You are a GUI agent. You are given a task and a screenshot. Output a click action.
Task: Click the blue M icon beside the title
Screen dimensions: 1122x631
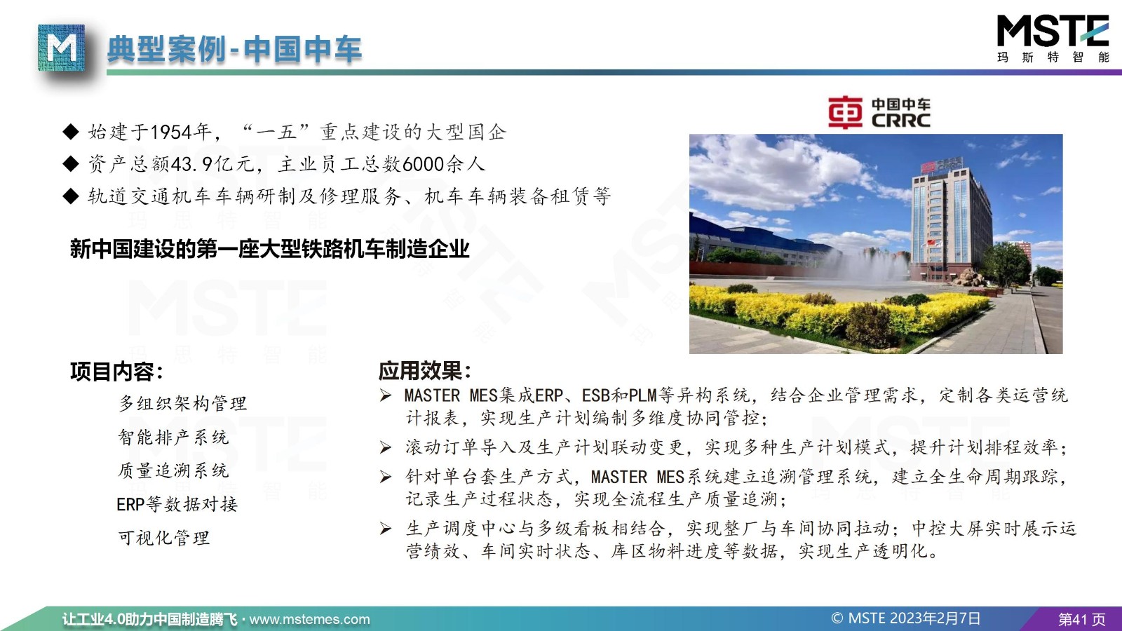(61, 48)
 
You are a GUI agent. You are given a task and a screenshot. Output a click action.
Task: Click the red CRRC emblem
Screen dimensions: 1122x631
(845, 113)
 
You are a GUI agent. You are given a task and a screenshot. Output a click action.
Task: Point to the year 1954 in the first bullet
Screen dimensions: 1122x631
(171, 133)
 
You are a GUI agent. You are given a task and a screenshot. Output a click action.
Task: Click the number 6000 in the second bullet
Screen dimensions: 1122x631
(424, 164)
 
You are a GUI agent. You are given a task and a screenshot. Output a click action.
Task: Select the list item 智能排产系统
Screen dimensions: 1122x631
(173, 437)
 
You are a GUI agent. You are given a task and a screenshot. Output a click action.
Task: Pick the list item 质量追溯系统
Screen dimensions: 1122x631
(173, 470)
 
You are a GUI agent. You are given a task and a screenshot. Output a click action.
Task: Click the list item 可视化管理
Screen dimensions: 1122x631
(164, 538)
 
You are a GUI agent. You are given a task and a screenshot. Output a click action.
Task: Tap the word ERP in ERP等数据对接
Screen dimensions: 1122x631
(130, 504)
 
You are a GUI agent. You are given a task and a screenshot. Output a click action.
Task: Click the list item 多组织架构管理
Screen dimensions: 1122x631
(182, 403)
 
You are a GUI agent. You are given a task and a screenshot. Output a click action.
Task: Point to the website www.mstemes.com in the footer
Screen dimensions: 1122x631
(309, 620)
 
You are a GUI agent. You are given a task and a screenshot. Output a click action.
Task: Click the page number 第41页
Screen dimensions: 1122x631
(1081, 620)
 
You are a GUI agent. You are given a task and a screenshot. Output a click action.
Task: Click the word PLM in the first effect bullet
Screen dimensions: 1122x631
(642, 395)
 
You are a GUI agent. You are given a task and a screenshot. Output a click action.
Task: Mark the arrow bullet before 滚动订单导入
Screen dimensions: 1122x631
(385, 447)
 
